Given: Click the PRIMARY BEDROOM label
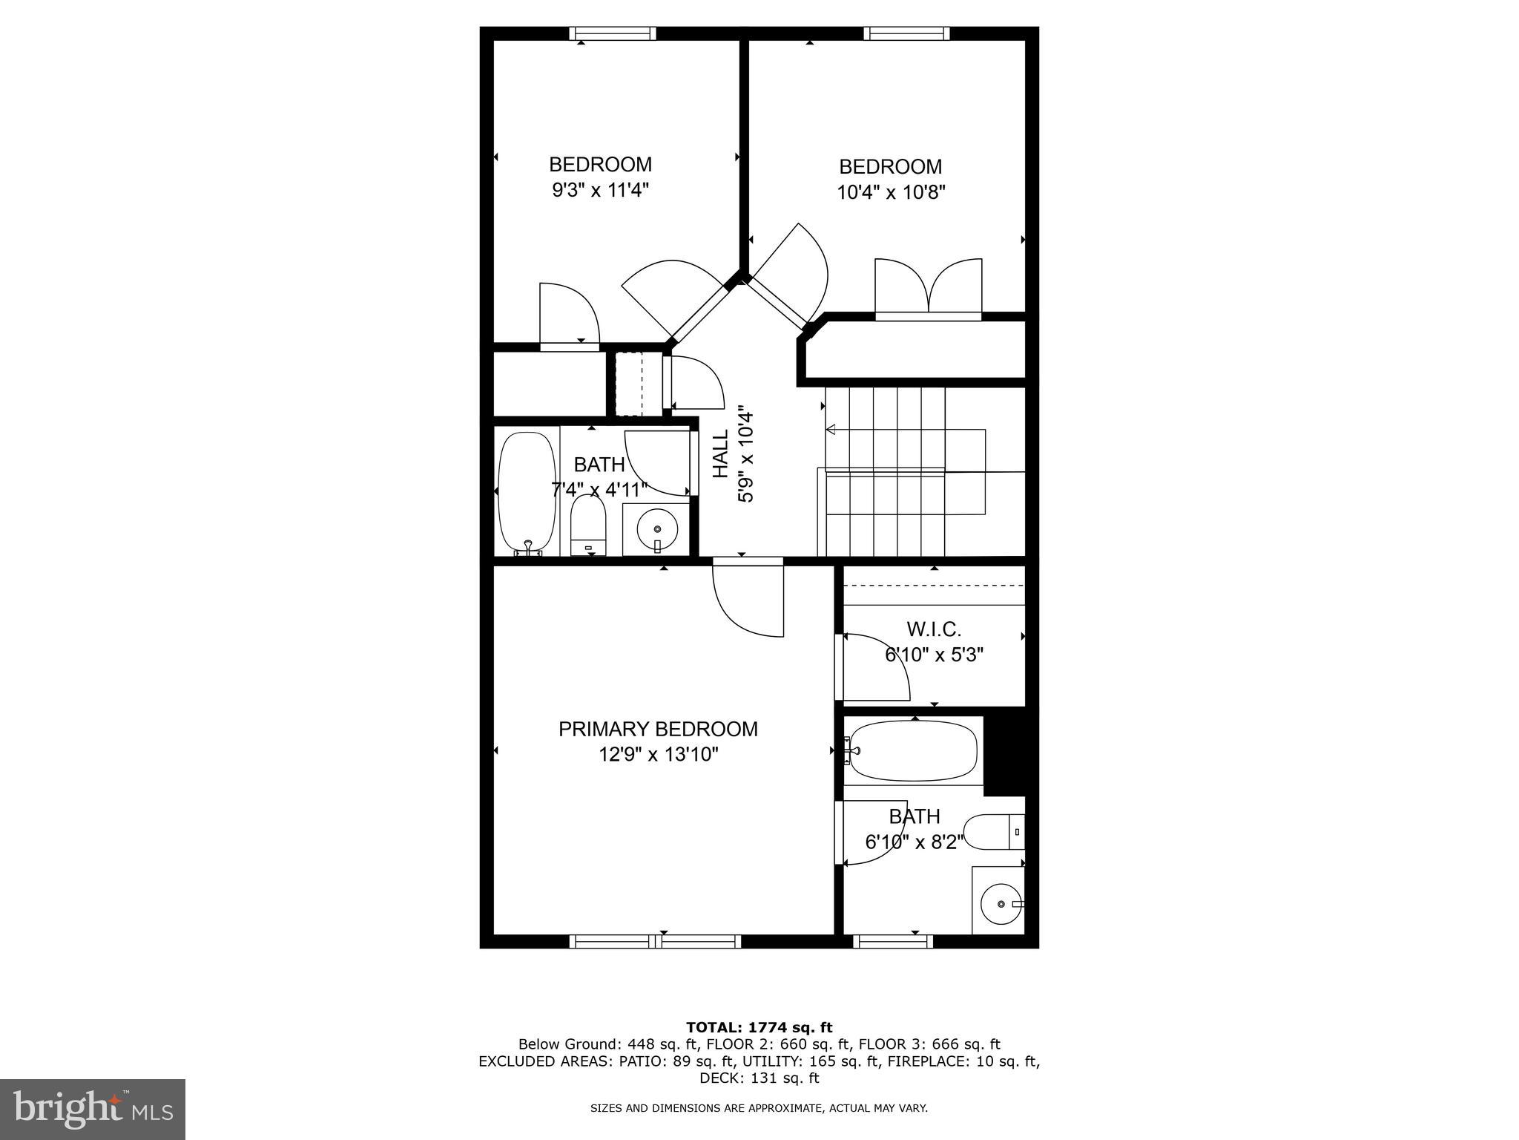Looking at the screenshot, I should tap(658, 729).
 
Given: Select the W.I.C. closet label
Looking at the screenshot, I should tap(934, 629).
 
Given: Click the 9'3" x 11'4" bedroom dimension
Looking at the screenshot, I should tap(600, 190).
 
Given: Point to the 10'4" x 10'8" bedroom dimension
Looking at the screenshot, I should tap(891, 193).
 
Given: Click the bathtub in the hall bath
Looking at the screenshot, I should tap(527, 492).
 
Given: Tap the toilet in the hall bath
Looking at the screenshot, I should tap(588, 525).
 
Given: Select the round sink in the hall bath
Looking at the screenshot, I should tap(658, 529).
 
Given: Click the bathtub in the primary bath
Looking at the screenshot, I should tap(912, 750).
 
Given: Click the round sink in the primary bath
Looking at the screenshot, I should tap(1001, 904).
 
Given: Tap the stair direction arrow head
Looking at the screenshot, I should tap(831, 429).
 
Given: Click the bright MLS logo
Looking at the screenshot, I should tap(93, 1109).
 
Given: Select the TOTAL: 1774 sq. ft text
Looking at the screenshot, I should tap(759, 1027).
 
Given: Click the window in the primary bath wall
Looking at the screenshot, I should tap(893, 941).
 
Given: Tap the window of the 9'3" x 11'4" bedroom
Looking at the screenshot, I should tap(613, 33).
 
